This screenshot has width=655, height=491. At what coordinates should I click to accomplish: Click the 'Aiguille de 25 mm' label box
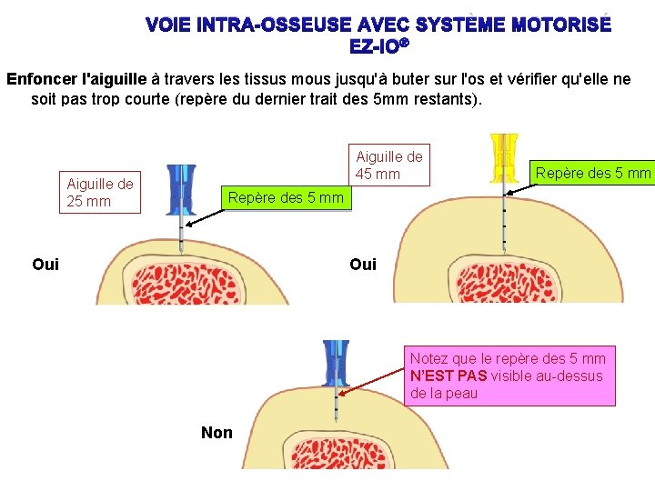(x=100, y=193)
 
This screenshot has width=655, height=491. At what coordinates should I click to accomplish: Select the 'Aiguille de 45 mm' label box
(x=388, y=165)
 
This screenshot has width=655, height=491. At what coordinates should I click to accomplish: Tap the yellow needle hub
(x=503, y=157)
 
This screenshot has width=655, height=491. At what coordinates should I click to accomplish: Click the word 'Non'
(x=217, y=433)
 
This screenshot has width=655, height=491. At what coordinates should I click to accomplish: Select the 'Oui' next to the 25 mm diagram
(x=45, y=264)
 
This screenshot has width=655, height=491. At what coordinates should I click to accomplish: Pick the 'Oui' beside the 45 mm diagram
(x=363, y=264)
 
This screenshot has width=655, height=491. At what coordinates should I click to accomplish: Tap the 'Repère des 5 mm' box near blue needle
(x=286, y=197)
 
